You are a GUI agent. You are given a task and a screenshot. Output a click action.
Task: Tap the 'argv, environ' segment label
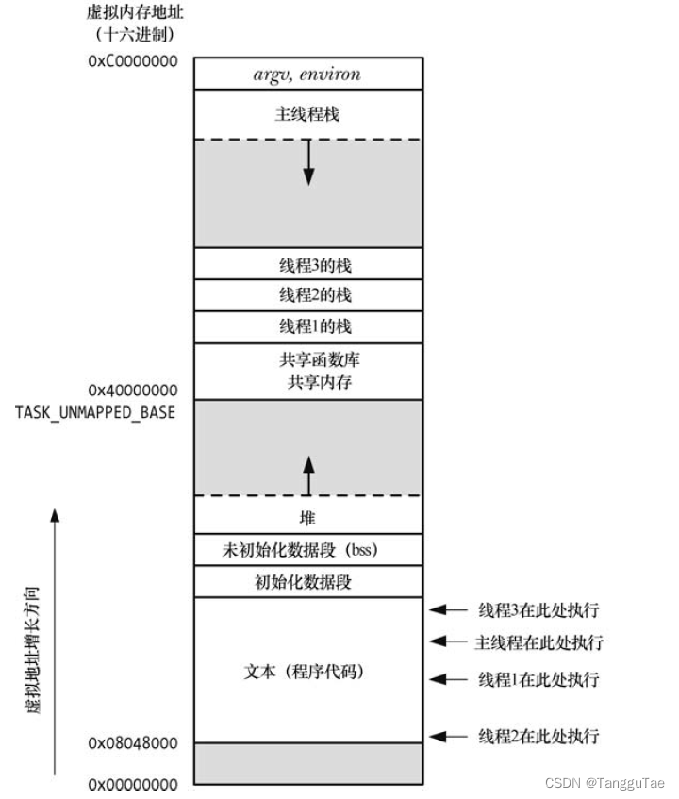coord(307,74)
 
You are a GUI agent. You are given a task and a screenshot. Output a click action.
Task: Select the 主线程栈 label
coord(307,114)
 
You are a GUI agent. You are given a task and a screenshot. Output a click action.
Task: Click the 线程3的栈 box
coord(307,263)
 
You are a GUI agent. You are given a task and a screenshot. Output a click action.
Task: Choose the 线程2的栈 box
coord(307,294)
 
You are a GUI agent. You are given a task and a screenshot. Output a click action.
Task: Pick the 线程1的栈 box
coord(307,326)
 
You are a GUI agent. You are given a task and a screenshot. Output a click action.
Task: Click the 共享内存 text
coord(307,382)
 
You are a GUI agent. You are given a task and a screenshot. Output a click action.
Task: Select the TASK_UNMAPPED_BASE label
coord(95,412)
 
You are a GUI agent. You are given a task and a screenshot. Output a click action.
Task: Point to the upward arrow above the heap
coord(307,473)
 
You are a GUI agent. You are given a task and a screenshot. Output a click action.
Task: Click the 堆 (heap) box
coord(307,518)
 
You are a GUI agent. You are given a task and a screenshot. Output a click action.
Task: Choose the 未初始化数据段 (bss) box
coord(307,549)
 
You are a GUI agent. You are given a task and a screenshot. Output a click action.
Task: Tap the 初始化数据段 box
coord(307,581)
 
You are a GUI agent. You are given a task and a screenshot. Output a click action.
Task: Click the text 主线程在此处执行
coord(538,643)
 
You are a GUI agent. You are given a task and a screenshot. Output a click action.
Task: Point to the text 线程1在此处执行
coord(538,679)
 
